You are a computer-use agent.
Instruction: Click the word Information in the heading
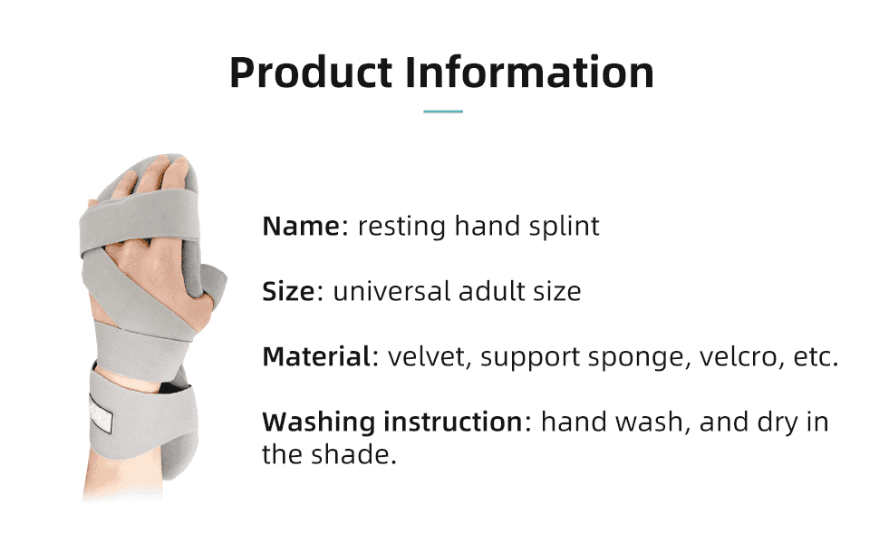tap(529, 73)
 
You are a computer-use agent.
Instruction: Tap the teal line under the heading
tap(443, 112)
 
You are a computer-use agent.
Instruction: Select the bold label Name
tap(299, 226)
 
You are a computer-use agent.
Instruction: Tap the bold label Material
tap(316, 357)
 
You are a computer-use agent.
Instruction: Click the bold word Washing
tap(318, 423)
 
